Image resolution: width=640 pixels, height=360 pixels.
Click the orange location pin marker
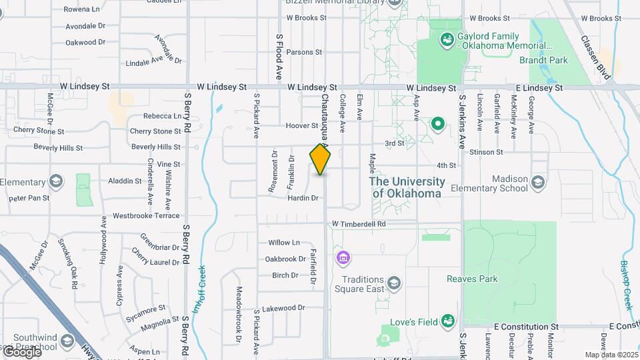[x=321, y=159]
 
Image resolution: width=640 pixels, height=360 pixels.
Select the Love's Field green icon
[x=449, y=323]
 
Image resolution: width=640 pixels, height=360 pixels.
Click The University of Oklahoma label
[x=407, y=187]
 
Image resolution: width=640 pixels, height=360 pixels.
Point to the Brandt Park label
[x=543, y=59]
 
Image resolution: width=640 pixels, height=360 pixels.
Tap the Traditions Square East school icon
[x=394, y=285]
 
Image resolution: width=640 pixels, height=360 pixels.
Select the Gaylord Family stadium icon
[x=445, y=40]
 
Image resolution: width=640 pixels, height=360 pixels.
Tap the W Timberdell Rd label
[x=359, y=224]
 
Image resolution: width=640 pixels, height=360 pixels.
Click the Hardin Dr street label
[x=303, y=198]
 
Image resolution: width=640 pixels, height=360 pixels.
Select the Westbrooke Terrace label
[x=146, y=215]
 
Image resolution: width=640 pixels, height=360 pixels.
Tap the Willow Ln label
[x=284, y=243]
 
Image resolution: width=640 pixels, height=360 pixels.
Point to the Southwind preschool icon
[x=67, y=341]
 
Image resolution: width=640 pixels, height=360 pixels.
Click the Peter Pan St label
[x=29, y=198]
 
